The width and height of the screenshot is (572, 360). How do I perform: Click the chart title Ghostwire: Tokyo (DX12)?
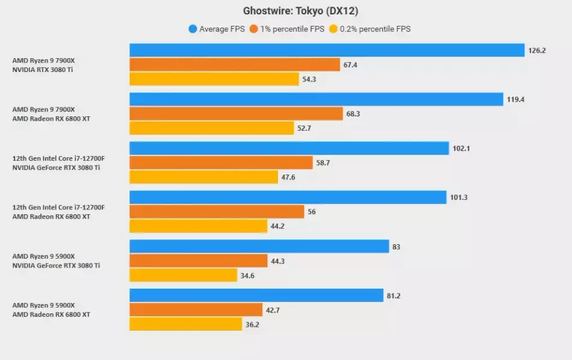(x=301, y=11)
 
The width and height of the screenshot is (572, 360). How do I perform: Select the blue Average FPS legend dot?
(x=193, y=28)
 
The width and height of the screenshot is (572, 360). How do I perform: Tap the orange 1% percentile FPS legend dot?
(x=254, y=28)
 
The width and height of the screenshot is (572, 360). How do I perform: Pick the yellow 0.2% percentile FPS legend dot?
(x=333, y=28)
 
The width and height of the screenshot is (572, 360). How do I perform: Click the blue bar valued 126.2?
(x=327, y=50)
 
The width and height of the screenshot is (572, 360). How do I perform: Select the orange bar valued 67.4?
(x=235, y=65)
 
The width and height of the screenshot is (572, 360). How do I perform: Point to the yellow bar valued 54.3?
(x=214, y=79)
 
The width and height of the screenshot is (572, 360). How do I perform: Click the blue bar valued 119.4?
(x=316, y=99)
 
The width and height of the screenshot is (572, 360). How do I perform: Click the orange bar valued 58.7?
(x=221, y=163)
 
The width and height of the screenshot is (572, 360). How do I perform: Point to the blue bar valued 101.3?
(x=288, y=197)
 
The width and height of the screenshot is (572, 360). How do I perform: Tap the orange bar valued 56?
(x=217, y=211)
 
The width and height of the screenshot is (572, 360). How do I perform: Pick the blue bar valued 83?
(x=259, y=246)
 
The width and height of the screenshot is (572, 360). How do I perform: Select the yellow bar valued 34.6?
(x=184, y=275)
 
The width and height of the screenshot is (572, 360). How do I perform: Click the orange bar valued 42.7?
(x=196, y=310)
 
